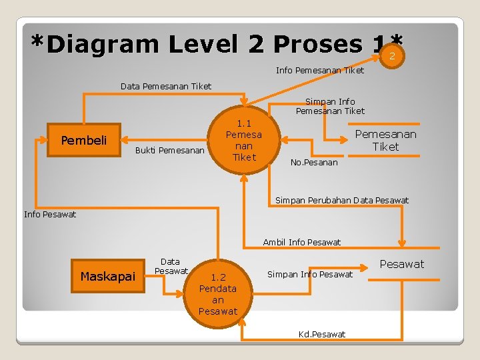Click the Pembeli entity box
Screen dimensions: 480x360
tap(83, 140)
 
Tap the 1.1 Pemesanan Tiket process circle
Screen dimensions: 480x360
tap(244, 140)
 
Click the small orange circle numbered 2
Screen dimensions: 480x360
tap(392, 57)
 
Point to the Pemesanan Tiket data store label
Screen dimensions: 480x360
tap(385, 140)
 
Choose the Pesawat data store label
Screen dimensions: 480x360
tap(402, 264)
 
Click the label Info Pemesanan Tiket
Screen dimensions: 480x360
tap(320, 70)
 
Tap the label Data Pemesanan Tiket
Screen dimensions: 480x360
tap(166, 86)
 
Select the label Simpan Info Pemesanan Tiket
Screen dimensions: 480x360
tap(330, 106)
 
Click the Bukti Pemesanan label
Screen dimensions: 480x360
tap(169, 150)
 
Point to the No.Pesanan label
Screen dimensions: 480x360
tap(315, 162)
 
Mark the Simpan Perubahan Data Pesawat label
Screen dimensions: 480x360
tap(342, 200)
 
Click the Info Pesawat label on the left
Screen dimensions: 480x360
tap(50, 214)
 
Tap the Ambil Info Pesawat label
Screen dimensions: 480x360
tap(302, 242)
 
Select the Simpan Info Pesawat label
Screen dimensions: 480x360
tap(310, 274)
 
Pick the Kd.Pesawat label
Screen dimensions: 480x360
tap(322, 333)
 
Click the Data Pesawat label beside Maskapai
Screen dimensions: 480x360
tap(171, 266)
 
